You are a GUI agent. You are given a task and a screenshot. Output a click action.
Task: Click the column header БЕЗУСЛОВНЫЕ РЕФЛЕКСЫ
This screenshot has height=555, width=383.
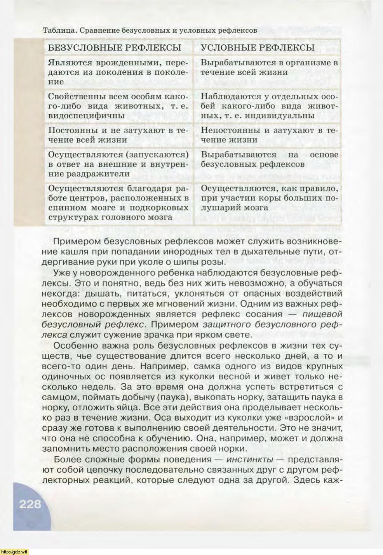(x=114, y=48)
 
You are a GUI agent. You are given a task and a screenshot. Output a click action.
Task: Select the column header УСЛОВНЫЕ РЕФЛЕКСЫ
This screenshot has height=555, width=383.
(x=258, y=48)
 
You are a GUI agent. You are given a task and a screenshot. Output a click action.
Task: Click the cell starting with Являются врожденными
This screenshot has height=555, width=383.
(x=117, y=72)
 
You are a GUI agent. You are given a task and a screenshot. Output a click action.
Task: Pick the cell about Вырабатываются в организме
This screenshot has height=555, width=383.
(x=269, y=67)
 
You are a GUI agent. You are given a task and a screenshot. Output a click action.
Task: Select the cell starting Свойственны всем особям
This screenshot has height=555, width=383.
(x=117, y=106)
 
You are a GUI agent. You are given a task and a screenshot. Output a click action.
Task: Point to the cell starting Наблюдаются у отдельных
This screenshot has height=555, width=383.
(x=269, y=106)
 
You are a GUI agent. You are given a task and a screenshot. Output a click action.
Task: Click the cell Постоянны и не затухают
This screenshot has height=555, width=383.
(x=117, y=135)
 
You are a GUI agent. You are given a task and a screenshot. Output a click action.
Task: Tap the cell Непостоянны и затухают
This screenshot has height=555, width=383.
(x=269, y=135)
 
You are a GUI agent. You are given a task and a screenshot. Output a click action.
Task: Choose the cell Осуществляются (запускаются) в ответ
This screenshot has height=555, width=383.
(x=117, y=164)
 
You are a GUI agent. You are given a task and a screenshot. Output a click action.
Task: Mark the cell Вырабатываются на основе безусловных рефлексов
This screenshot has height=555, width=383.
(x=269, y=159)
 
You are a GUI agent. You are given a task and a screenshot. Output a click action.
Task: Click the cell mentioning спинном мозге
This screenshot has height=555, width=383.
(x=117, y=203)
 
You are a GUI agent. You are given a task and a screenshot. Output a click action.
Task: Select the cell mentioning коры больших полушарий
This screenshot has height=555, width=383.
(x=269, y=198)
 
